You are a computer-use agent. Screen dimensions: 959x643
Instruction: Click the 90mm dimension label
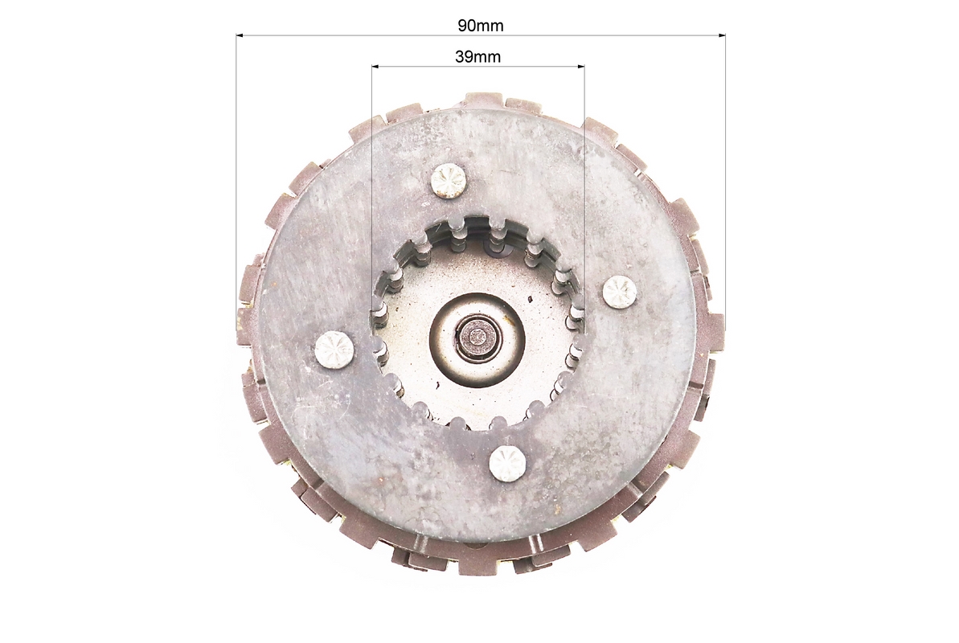pyautogui.click(x=480, y=25)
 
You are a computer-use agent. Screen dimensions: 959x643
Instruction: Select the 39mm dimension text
pyautogui.click(x=477, y=56)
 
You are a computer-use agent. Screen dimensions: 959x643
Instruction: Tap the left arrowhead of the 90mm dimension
pyautogui.click(x=240, y=35)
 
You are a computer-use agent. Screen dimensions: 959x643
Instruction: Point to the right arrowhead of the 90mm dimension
pyautogui.click(x=722, y=35)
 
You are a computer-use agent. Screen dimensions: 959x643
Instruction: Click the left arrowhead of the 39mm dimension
pyautogui.click(x=375, y=65)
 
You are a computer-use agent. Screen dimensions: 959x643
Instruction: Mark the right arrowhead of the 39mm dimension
pyautogui.click(x=580, y=65)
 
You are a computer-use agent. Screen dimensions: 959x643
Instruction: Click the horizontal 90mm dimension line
pyautogui.click(x=481, y=35)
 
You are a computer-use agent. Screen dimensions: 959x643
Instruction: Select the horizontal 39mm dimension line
pyautogui.click(x=478, y=65)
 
